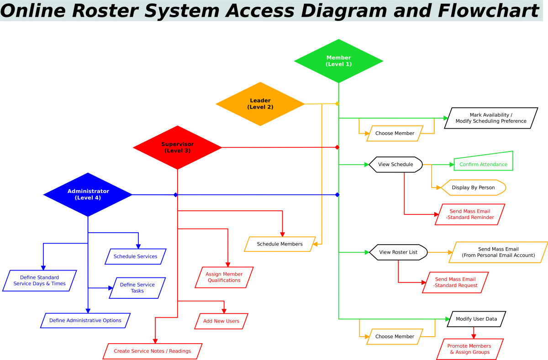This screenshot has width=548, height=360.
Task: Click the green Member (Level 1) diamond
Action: point(338,61)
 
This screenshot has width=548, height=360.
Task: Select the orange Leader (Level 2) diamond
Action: point(260,104)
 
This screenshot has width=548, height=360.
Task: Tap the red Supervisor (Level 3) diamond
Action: point(177,147)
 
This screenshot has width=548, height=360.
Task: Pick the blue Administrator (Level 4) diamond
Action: point(88,194)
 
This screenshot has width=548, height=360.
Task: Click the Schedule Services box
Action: point(135,256)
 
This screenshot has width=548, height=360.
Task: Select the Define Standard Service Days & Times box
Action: point(40,281)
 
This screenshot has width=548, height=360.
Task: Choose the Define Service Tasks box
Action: point(137,288)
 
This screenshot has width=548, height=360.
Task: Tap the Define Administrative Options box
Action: point(85,320)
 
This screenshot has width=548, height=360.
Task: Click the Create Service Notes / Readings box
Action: point(152,351)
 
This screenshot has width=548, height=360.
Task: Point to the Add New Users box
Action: point(221,321)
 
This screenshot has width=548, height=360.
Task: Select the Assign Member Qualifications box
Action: point(224,277)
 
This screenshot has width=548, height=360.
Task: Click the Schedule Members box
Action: point(279,244)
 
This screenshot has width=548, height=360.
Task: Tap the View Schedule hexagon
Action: point(395,164)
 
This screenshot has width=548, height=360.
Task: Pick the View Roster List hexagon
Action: point(398,252)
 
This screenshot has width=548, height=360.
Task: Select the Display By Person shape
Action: point(473,188)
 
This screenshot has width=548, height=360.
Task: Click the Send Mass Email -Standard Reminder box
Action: point(470,214)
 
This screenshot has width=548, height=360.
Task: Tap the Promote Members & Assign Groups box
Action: point(469,349)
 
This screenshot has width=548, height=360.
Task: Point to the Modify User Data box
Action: point(476,319)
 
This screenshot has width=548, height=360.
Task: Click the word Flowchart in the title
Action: point(489,10)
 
